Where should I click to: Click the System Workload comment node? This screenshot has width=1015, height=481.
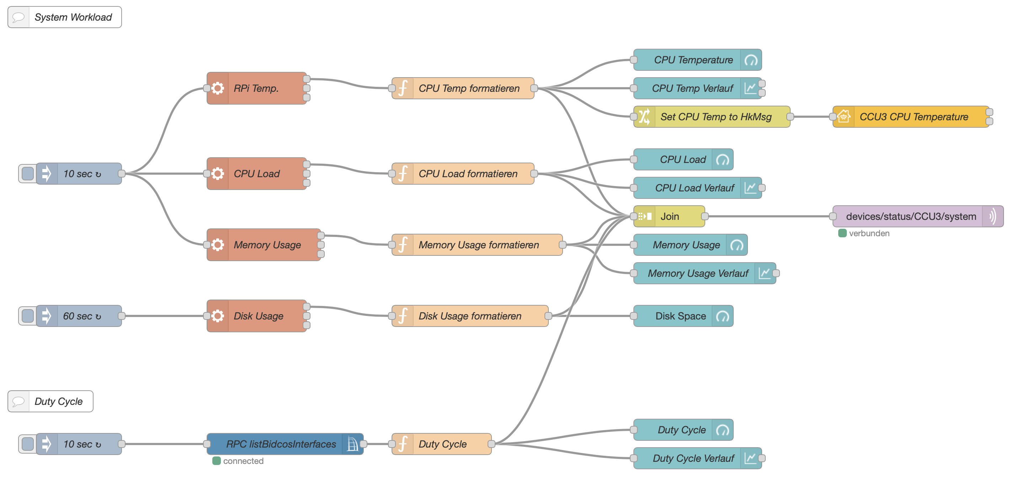(x=73, y=17)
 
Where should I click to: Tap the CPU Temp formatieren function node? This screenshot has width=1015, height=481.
(x=468, y=88)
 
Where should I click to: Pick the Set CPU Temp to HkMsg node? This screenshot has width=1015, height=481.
(x=716, y=117)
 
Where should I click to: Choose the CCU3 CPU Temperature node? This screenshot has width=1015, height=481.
(x=913, y=117)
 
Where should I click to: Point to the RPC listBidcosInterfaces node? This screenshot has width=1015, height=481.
(x=281, y=444)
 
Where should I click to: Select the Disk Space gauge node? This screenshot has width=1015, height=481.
(x=680, y=316)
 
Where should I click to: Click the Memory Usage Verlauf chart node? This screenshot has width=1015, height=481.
(x=698, y=273)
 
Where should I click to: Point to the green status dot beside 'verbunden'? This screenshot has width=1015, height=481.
(x=843, y=233)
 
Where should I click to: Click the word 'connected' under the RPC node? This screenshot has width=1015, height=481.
(x=243, y=461)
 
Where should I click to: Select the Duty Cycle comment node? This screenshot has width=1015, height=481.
(x=58, y=401)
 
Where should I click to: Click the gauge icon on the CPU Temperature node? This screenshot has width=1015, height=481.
(x=751, y=60)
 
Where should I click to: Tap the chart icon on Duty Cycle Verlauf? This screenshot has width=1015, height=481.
(x=751, y=458)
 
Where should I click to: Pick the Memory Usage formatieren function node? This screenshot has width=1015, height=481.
(x=478, y=245)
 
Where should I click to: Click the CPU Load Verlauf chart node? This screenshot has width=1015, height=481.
(x=694, y=188)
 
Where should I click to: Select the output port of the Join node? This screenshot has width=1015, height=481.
(x=705, y=216)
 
